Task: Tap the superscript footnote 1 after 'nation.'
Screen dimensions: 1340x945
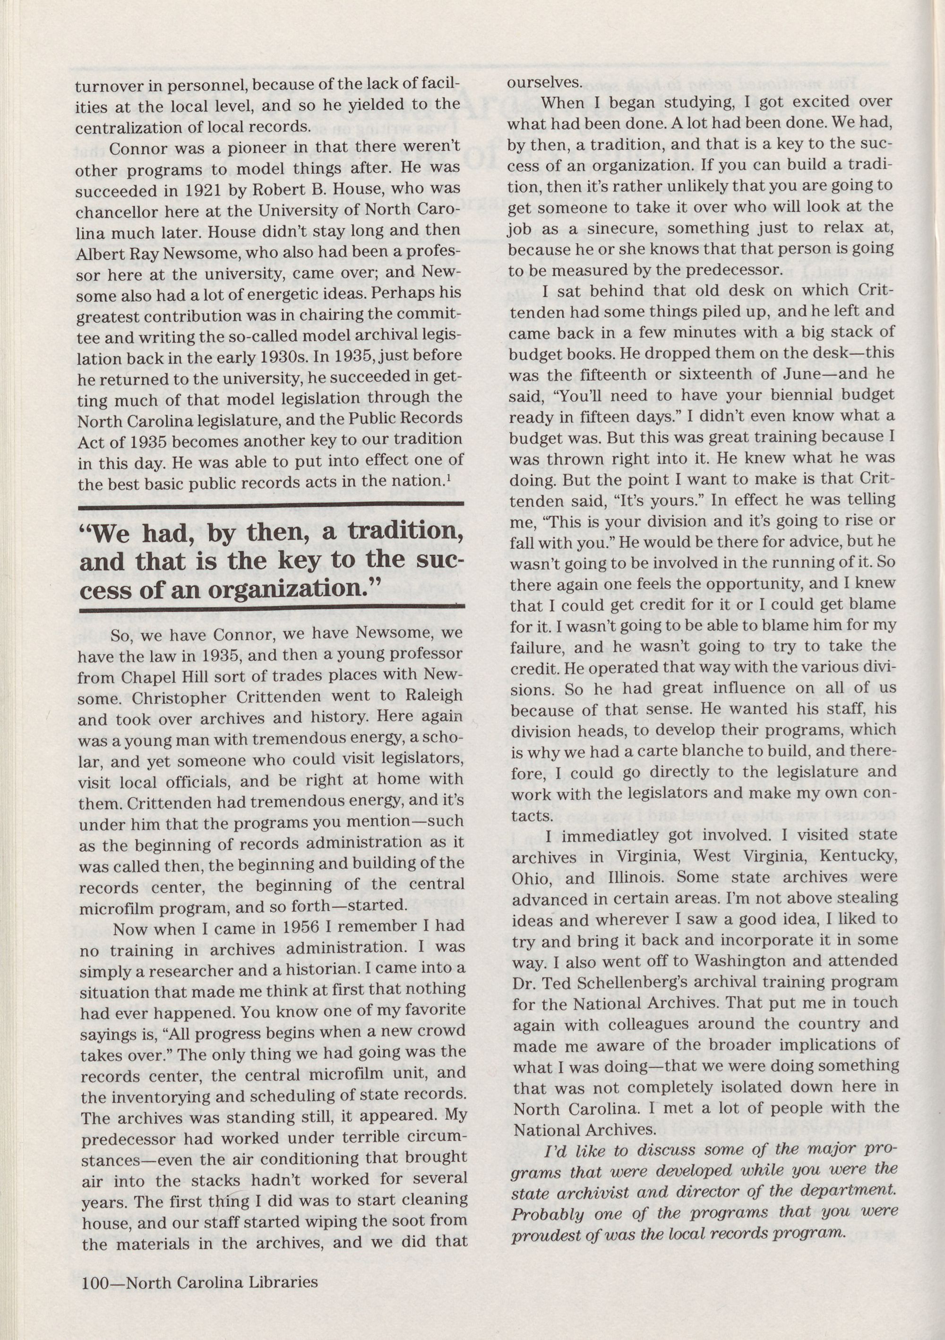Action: pos(447,478)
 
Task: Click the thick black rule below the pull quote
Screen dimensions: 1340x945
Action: pos(271,608)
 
